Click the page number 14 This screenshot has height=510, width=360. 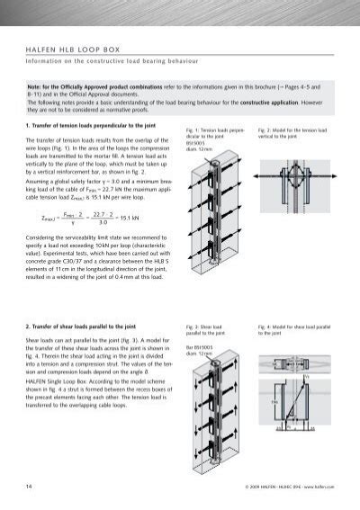31,487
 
